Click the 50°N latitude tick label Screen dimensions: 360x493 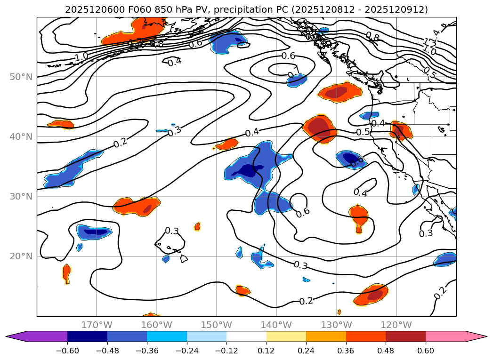[21, 77]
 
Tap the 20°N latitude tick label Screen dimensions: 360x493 [21, 256]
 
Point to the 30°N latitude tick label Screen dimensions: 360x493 [21, 197]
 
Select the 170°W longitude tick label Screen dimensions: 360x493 [97, 325]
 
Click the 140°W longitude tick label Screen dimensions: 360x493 [276, 325]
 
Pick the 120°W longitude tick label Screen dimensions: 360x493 [396, 325]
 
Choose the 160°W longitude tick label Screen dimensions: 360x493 [156, 325]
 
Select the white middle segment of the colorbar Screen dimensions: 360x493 [246, 336]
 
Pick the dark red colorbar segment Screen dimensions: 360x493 [405, 336]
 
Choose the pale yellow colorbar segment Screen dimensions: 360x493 [286, 336]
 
